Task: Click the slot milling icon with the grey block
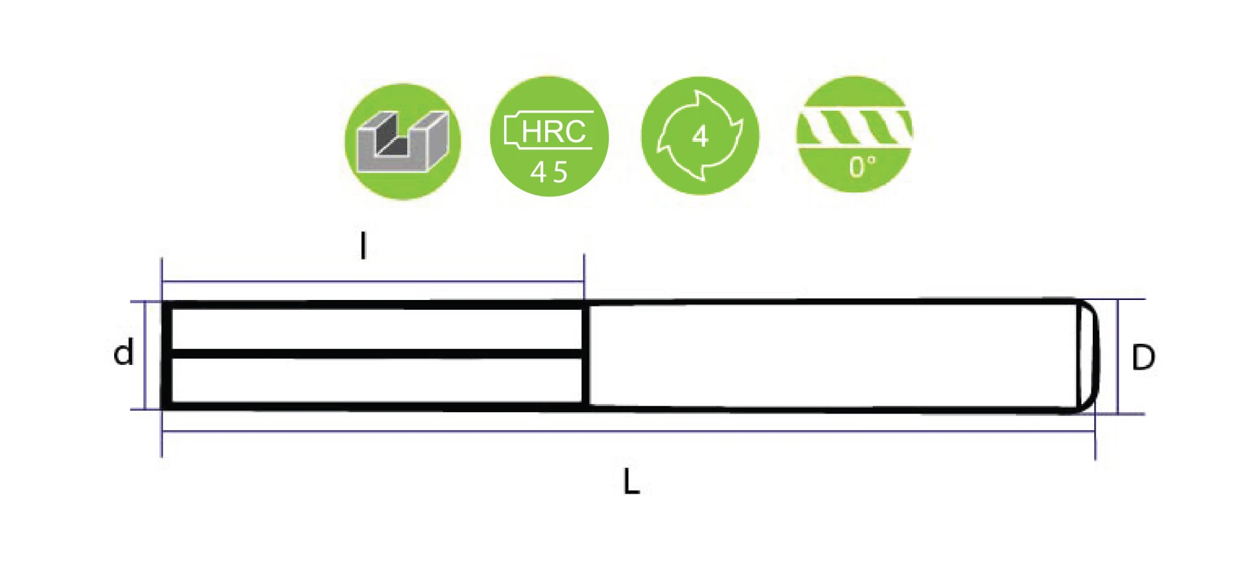pyautogui.click(x=403, y=141)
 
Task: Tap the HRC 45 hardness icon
pyautogui.click(x=549, y=137)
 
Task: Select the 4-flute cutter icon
pyautogui.click(x=700, y=136)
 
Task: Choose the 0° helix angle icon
pyautogui.click(x=854, y=135)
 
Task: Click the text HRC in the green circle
pyautogui.click(x=553, y=131)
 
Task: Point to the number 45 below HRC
pyautogui.click(x=549, y=173)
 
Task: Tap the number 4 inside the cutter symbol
pyautogui.click(x=700, y=137)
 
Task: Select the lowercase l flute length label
pyautogui.click(x=363, y=246)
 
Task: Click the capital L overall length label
pyautogui.click(x=631, y=482)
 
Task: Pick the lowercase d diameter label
pyautogui.click(x=123, y=353)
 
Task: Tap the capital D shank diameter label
pyautogui.click(x=1143, y=358)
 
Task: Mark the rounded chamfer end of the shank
pyautogui.click(x=1087, y=356)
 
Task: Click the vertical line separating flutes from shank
pyautogui.click(x=586, y=355)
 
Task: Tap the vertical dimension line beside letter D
pyautogui.click(x=1118, y=356)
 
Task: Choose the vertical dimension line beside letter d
pyautogui.click(x=145, y=355)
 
